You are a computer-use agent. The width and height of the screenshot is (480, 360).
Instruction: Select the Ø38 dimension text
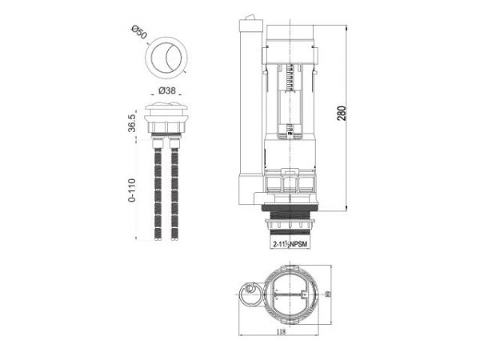pyautogui.click(x=168, y=90)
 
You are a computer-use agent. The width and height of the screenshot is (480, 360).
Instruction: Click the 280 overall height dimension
pyautogui.click(x=342, y=112)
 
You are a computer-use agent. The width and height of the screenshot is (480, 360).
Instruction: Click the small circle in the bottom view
pyautogui.click(x=251, y=290)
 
